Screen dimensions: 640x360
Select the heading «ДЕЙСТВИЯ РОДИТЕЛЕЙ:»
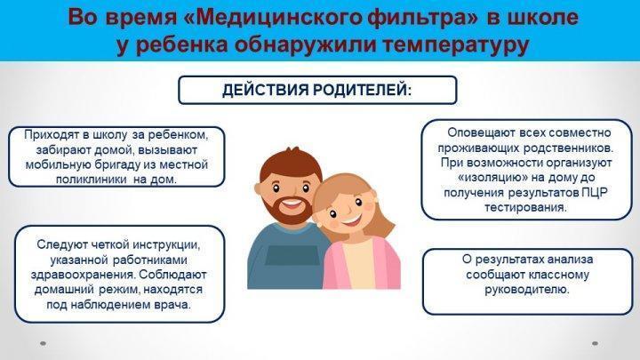tap(317, 90)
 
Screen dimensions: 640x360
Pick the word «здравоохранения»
tap(83, 275)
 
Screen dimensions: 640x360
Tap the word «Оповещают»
tap(481, 132)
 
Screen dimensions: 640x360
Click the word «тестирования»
tap(525, 207)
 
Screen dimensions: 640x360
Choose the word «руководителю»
tap(526, 290)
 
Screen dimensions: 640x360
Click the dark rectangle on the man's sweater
tap(292, 255)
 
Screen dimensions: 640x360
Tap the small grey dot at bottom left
tap(43, 344)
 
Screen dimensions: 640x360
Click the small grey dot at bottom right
tap(595, 344)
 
